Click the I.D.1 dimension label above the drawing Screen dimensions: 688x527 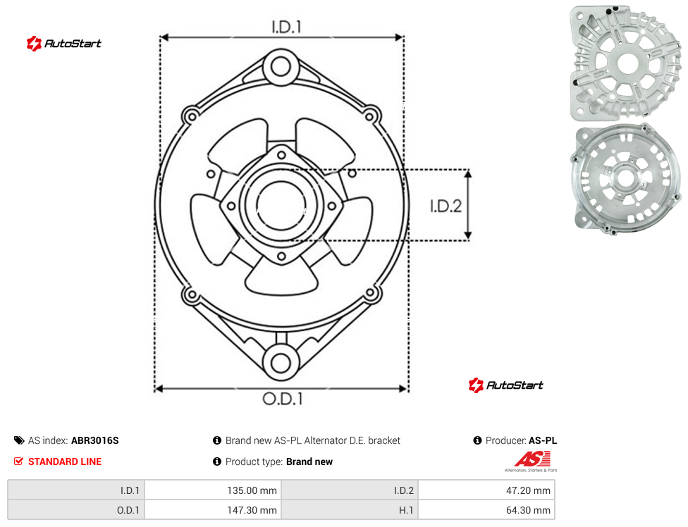point(286,27)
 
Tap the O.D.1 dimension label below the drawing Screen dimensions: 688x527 point(283,399)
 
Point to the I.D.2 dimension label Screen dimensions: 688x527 point(446,206)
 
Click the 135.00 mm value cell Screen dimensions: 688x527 point(213,490)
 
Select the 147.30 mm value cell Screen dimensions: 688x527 point(213,510)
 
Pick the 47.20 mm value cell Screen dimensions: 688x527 point(486,490)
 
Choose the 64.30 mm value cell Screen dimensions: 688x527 point(486,510)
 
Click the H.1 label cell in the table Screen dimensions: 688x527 point(350,510)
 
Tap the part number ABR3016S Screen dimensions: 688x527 point(94,440)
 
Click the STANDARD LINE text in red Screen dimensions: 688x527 point(65,461)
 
